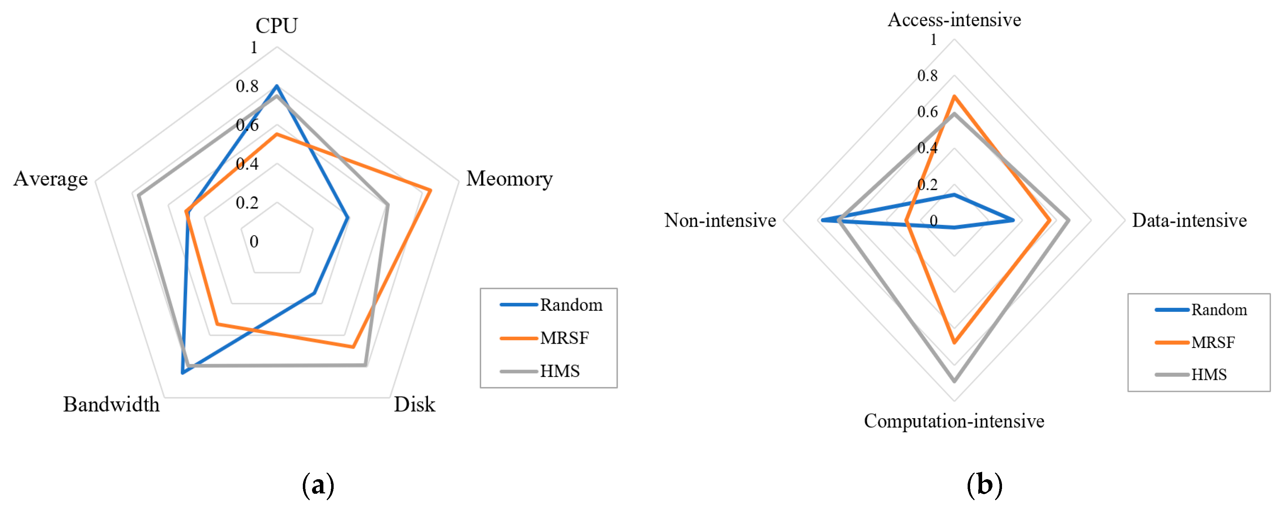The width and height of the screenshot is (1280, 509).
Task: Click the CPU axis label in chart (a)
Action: [x=276, y=26]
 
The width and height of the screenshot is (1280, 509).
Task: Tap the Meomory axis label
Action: [x=509, y=179]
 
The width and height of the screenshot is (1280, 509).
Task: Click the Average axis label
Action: [x=51, y=179]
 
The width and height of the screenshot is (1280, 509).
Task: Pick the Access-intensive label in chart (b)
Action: [x=954, y=20]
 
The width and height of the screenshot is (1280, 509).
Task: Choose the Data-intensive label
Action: [x=1189, y=220]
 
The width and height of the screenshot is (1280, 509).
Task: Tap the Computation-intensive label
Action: [x=954, y=421]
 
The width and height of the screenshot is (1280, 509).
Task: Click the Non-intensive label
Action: [x=720, y=220]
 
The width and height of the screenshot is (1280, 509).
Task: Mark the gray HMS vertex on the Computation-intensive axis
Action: [x=954, y=381]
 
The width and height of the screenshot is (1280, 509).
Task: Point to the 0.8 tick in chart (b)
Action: [x=927, y=76]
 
